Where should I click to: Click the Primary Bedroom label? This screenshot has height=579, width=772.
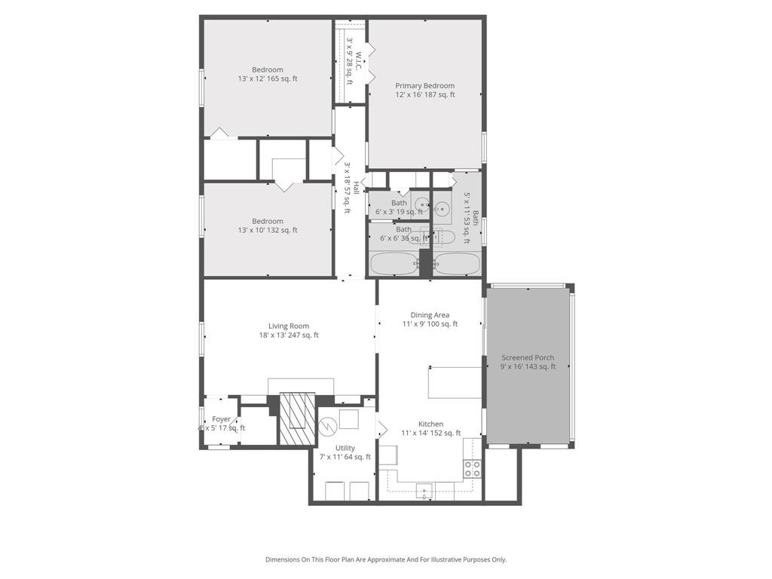[x=424, y=90]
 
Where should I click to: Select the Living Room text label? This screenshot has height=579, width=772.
[x=289, y=330]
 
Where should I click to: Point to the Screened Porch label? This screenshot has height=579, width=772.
[x=528, y=362]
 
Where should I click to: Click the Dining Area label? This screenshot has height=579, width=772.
[x=430, y=319]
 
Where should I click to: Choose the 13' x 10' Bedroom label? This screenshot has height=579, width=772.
[x=268, y=225]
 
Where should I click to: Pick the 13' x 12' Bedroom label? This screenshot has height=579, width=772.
[x=268, y=74]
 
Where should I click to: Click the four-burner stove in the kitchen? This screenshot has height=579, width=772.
[x=472, y=468]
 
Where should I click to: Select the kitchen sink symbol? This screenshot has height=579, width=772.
[x=424, y=491]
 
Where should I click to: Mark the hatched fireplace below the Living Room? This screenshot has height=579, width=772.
[x=296, y=418]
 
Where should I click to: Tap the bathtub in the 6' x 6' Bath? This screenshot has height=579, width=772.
[x=393, y=265]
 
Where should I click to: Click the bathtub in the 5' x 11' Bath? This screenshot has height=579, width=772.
[x=457, y=265]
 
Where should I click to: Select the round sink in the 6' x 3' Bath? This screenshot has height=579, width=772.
[x=421, y=204]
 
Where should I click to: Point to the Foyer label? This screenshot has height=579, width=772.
[x=222, y=423]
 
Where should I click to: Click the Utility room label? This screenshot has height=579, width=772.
[x=345, y=452]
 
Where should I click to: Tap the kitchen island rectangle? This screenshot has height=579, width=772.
[x=455, y=382]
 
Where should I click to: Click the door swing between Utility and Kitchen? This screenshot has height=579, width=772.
[x=381, y=429]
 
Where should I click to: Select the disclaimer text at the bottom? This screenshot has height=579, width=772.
[x=386, y=559]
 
